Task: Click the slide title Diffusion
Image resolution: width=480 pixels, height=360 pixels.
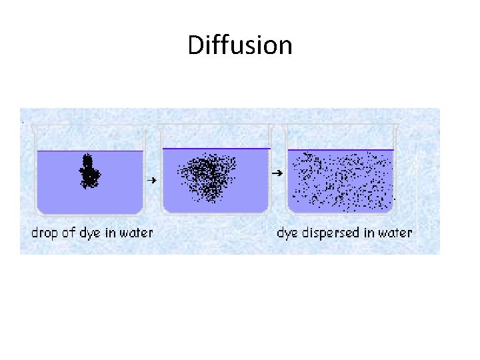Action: [240, 46]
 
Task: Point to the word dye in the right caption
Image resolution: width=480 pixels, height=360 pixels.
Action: [287, 233]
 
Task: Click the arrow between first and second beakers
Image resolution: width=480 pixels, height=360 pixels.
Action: [152, 180]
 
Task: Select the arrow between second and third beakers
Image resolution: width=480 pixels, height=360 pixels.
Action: [275, 173]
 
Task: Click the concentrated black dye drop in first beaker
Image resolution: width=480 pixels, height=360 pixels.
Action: [89, 171]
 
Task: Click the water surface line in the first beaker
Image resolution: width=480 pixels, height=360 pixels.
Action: [90, 151]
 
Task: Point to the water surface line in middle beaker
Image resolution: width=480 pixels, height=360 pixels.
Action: [217, 148]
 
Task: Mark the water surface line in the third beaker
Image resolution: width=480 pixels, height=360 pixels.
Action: [341, 150]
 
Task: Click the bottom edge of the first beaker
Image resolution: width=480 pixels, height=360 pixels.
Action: [90, 214]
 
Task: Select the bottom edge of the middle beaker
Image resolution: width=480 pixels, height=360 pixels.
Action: [216, 213]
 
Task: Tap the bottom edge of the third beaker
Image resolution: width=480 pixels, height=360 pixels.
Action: [341, 213]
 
